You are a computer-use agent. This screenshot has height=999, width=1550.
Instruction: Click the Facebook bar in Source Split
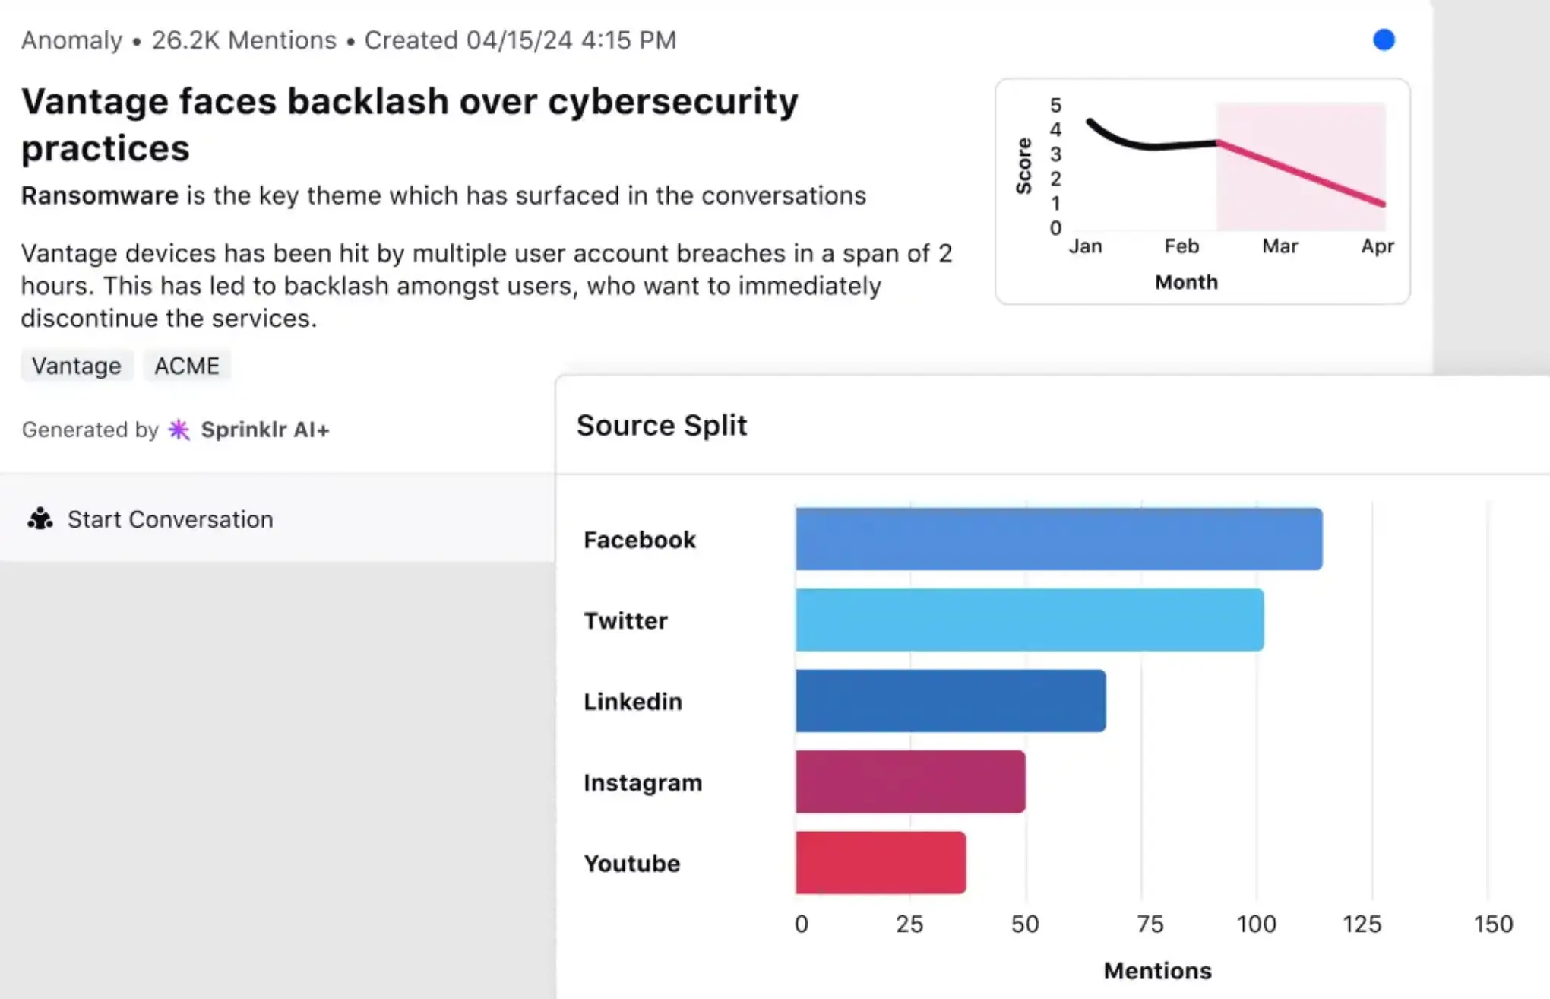1058,539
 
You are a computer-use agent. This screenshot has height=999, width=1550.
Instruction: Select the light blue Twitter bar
1030,620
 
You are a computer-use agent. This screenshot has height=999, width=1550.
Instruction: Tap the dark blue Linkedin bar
951,701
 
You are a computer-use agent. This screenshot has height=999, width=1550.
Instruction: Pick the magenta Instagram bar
910,782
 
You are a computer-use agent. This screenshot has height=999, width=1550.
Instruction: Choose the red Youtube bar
881,863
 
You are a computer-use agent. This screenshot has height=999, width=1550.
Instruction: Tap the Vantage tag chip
77,366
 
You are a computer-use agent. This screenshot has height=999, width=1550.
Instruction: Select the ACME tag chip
187,366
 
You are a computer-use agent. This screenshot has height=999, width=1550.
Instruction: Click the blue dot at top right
1384,40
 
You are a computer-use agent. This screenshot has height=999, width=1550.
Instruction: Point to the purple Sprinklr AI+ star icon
179,430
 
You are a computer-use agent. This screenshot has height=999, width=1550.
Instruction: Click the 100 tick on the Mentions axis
1256,924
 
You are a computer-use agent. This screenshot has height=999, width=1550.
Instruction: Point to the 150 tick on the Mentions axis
1493,924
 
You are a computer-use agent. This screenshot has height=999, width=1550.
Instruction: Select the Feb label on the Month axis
1181,246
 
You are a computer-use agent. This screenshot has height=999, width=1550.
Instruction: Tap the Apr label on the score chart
1377,246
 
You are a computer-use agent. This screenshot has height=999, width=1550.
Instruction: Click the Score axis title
1024,166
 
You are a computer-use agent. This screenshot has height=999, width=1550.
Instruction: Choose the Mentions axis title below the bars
1157,971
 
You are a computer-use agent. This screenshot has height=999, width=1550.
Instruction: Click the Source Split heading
662,425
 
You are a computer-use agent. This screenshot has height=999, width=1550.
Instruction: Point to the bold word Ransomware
100,195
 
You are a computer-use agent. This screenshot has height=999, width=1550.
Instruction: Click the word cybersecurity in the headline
672,101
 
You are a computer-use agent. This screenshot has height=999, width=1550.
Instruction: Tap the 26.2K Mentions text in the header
244,40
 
